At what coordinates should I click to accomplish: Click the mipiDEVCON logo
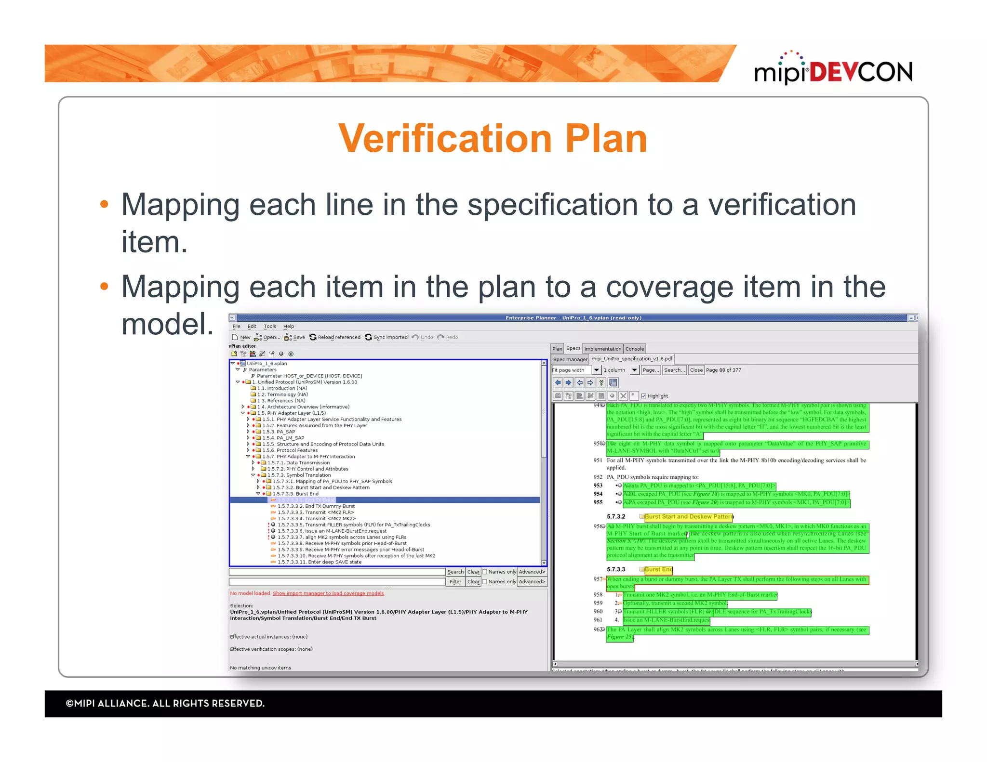(x=833, y=70)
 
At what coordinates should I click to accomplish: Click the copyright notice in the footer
(x=165, y=703)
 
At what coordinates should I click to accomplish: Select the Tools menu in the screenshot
(x=270, y=326)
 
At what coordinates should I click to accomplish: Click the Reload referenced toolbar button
(x=335, y=337)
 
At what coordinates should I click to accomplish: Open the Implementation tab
(x=602, y=349)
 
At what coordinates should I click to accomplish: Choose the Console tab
(x=634, y=349)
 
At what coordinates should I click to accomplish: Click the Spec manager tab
(x=570, y=359)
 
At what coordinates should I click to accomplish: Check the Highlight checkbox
(x=643, y=396)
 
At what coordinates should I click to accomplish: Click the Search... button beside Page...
(x=674, y=370)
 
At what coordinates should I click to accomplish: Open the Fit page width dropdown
(x=596, y=370)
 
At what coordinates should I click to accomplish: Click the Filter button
(x=455, y=582)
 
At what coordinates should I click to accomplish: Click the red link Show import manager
(x=328, y=593)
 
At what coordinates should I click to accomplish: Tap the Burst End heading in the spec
(x=658, y=569)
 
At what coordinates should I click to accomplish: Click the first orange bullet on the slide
(x=104, y=204)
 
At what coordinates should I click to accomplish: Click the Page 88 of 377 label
(x=723, y=370)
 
